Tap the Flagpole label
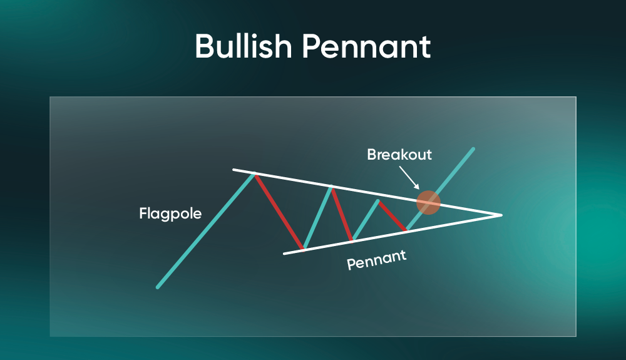[170, 214]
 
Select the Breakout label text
[399, 155]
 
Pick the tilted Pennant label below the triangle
[376, 260]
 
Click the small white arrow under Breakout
[409, 178]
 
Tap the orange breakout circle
[428, 202]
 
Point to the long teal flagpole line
[205, 230]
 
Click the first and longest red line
[279, 212]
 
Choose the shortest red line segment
[393, 216]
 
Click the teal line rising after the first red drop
[317, 219]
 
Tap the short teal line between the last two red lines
[366, 220]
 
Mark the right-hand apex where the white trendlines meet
[501, 215]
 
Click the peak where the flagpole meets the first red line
[254, 173]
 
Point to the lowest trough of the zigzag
[304, 249]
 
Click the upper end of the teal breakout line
[473, 149]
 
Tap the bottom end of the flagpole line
[158, 287]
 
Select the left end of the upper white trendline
[233, 170]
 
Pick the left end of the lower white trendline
[284, 254]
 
